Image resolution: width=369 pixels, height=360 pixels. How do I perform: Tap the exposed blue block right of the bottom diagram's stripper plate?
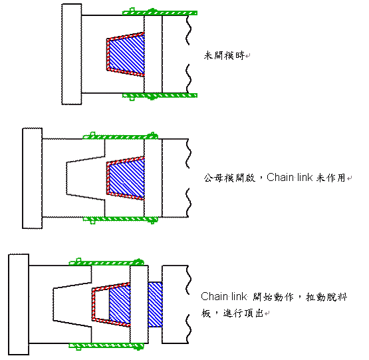(155, 305)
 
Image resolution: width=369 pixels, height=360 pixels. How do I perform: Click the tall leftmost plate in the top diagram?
(71, 54)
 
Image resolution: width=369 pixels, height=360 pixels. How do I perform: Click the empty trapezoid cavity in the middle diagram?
(84, 177)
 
